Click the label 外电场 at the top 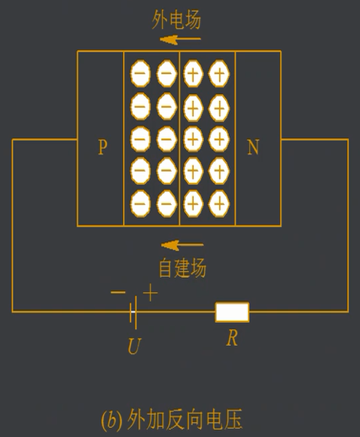coord(177,20)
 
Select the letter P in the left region coord(103,148)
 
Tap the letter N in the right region coord(253,148)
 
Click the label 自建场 coord(182,267)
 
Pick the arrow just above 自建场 coord(182,245)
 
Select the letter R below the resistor coord(232,338)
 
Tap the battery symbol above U coord(133,311)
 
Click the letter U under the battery coord(133,347)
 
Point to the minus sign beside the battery coord(118,292)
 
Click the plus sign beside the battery coord(151,292)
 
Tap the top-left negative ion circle coord(140,73)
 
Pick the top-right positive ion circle coord(218,73)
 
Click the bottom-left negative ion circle coord(140,202)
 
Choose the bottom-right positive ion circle coord(218,202)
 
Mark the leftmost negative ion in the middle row coord(140,138)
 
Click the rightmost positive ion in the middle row coord(218,138)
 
